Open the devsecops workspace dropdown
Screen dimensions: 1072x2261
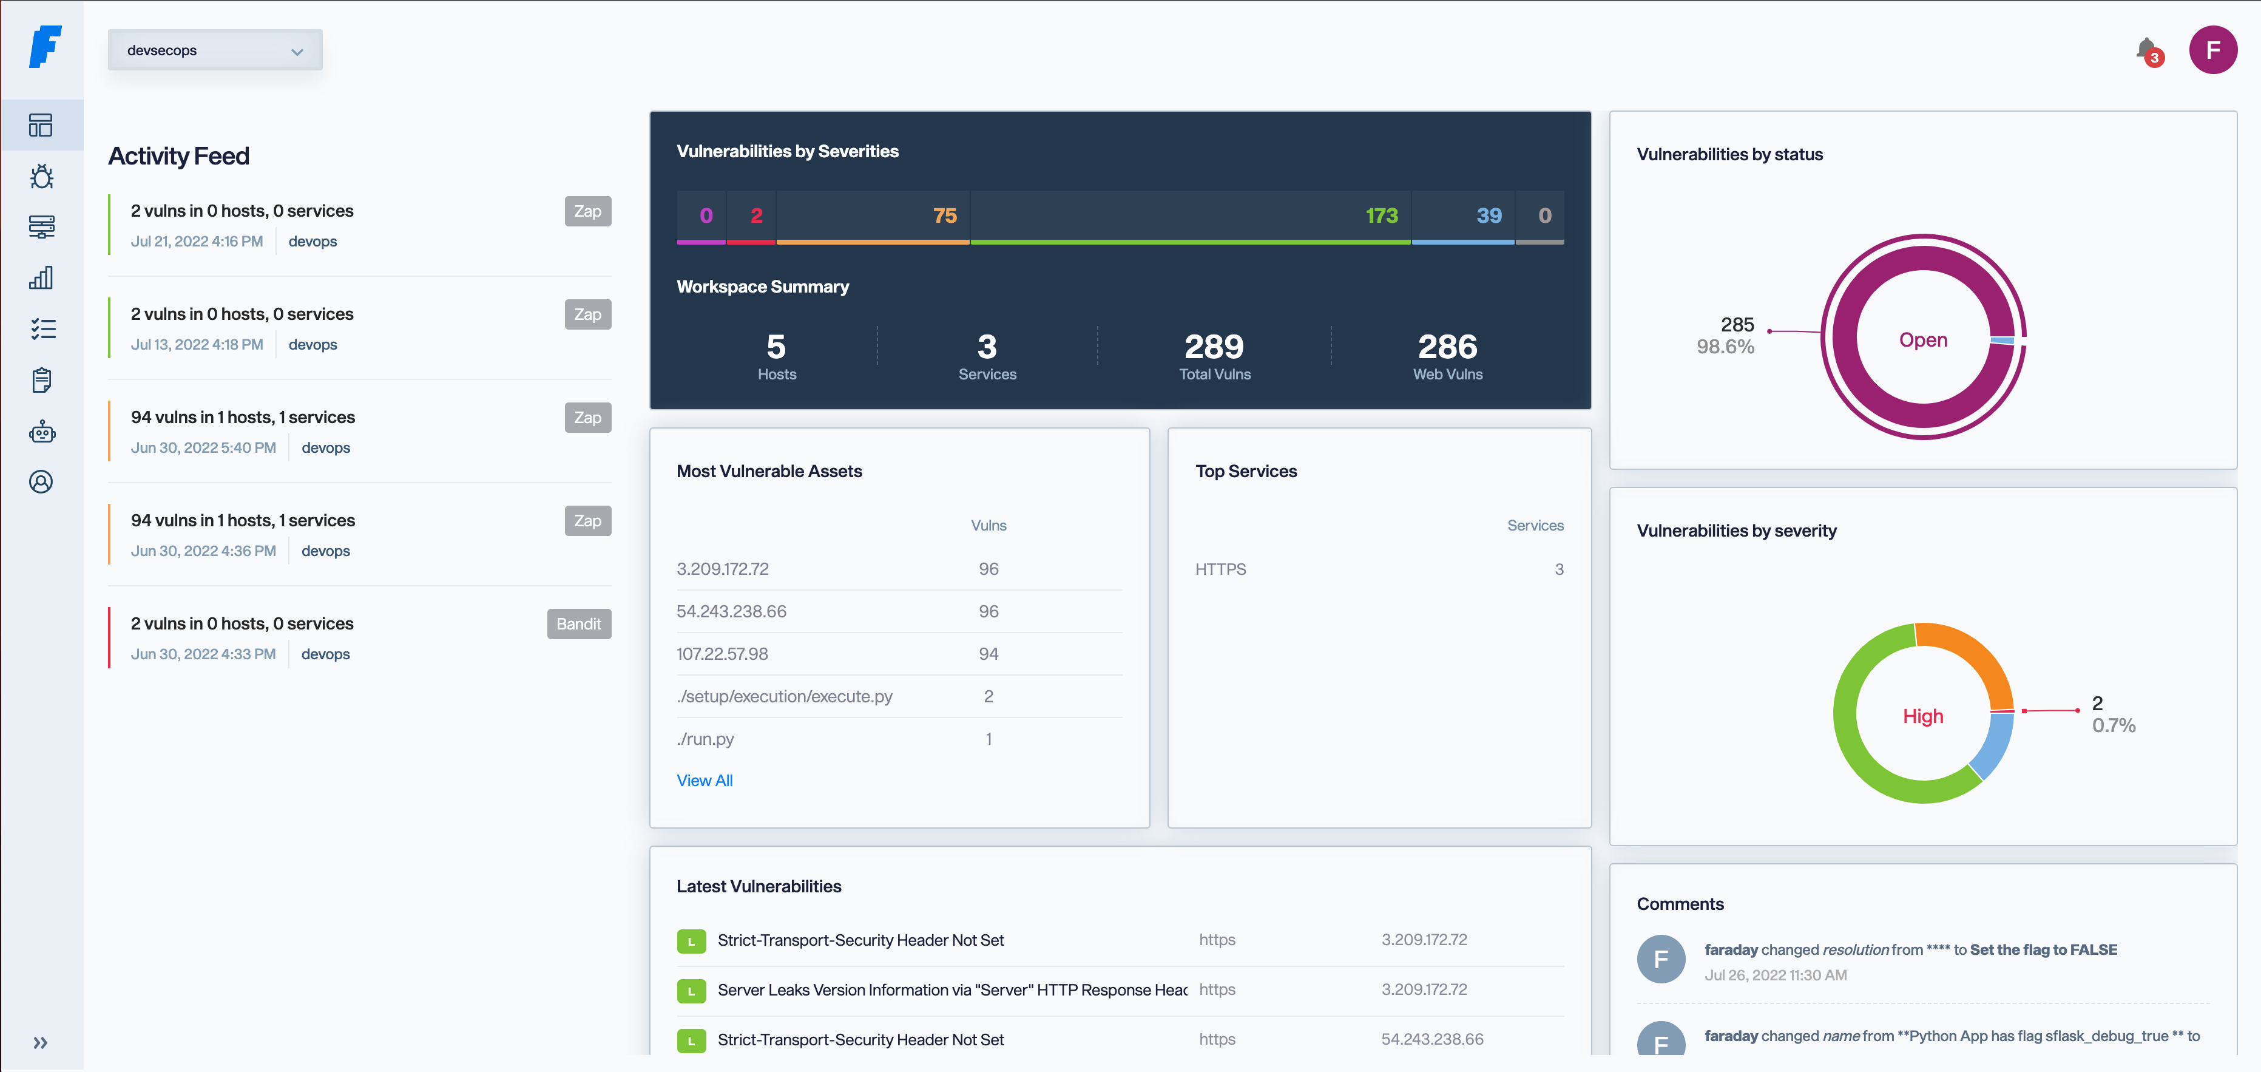click(214, 50)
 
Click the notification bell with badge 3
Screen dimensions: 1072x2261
click(2146, 50)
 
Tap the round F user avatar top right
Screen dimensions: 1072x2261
click(2212, 50)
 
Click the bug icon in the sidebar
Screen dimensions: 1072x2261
click(41, 177)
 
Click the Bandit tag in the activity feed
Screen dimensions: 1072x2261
click(578, 623)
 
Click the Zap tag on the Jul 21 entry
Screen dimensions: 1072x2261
click(587, 211)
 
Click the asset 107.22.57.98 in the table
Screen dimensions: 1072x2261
click(722, 653)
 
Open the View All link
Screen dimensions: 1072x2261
click(704, 781)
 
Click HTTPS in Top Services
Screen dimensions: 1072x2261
click(1220, 569)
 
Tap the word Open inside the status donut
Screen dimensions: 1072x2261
click(1922, 340)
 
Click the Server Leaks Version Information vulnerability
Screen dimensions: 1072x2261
click(951, 989)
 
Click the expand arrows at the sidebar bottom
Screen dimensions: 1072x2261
click(41, 1042)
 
